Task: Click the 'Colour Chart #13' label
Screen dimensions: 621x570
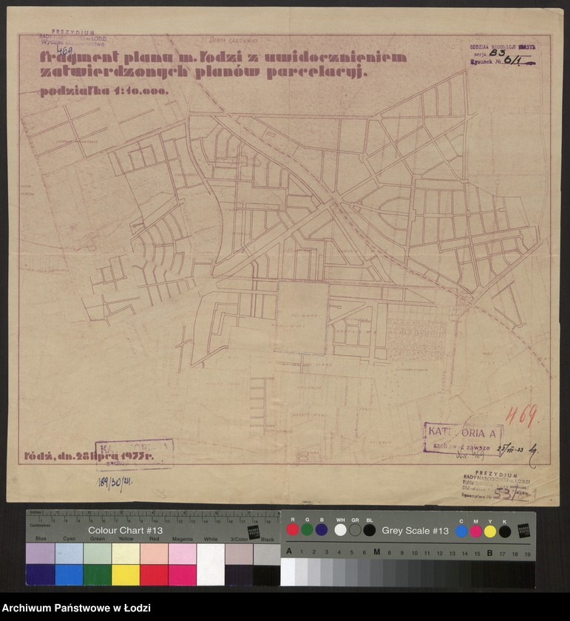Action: [x=125, y=530]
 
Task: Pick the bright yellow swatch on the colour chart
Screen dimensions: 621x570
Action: [x=125, y=574]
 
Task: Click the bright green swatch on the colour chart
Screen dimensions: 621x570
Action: [x=97, y=574]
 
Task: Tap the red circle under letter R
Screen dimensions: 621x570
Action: [x=293, y=530]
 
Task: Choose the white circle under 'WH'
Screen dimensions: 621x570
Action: [x=340, y=530]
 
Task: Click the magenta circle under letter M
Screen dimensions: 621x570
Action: [x=475, y=531]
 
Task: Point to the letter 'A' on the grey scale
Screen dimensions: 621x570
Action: [x=289, y=552]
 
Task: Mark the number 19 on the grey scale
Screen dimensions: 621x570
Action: [x=527, y=552]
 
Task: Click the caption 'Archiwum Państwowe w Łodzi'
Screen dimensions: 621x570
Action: [x=76, y=608]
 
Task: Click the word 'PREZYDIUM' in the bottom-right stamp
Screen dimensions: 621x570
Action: [x=496, y=474]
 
